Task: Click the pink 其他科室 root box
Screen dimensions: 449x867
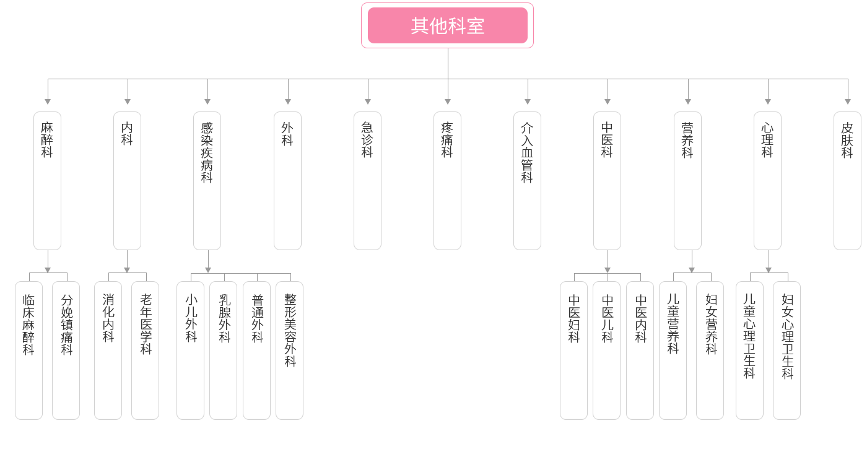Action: point(447,25)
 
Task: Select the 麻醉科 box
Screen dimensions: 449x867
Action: point(47,180)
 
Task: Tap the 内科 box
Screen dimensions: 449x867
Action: point(127,180)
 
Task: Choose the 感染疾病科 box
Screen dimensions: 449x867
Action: point(207,180)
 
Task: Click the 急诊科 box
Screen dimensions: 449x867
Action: point(367,180)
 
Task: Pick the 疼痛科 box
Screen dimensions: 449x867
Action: point(447,180)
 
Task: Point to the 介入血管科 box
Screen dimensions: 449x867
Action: point(527,180)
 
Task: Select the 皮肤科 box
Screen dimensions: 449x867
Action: point(847,180)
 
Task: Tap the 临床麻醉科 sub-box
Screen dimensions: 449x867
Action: point(28,350)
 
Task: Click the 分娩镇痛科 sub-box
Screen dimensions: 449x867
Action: point(66,350)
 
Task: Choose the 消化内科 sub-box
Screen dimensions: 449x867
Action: point(108,350)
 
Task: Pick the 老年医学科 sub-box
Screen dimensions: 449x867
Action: point(146,350)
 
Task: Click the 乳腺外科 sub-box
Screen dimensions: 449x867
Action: point(224,350)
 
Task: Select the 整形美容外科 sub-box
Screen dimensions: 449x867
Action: point(290,350)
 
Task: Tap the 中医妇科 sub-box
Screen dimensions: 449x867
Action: point(574,350)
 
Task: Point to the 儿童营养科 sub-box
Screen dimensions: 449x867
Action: point(673,350)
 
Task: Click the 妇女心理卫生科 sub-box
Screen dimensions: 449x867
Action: point(787,350)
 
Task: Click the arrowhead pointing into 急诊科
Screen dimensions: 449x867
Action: point(367,101)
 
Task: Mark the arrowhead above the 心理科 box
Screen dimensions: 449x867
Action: point(768,101)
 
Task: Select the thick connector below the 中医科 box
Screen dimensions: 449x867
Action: point(608,261)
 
